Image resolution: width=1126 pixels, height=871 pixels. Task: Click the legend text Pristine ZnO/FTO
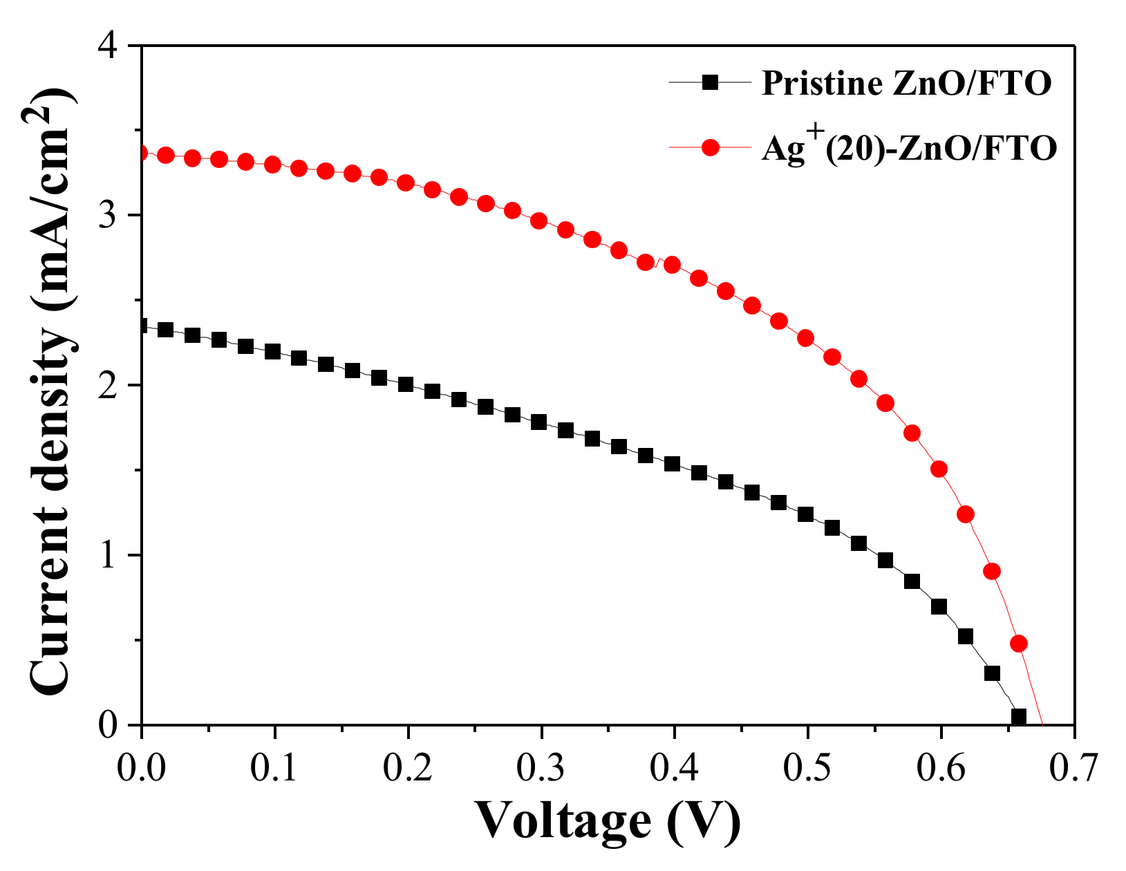(x=906, y=84)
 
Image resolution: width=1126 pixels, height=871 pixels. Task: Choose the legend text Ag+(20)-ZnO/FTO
(x=908, y=148)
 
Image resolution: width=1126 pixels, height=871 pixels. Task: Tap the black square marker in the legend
(x=710, y=83)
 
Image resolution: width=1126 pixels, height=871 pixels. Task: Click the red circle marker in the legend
(x=710, y=147)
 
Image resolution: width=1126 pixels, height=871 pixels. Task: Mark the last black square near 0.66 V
(x=1018, y=716)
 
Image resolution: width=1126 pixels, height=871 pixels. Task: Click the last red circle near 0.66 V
(x=1018, y=644)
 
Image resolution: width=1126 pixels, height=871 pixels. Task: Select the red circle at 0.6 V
(x=939, y=469)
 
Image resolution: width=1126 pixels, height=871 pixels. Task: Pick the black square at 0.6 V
(x=939, y=607)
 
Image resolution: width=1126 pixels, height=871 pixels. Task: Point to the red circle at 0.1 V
(x=272, y=165)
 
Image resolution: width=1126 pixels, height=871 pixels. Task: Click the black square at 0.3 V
(x=539, y=422)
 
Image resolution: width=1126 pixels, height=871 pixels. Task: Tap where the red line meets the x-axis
(x=1042, y=724)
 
